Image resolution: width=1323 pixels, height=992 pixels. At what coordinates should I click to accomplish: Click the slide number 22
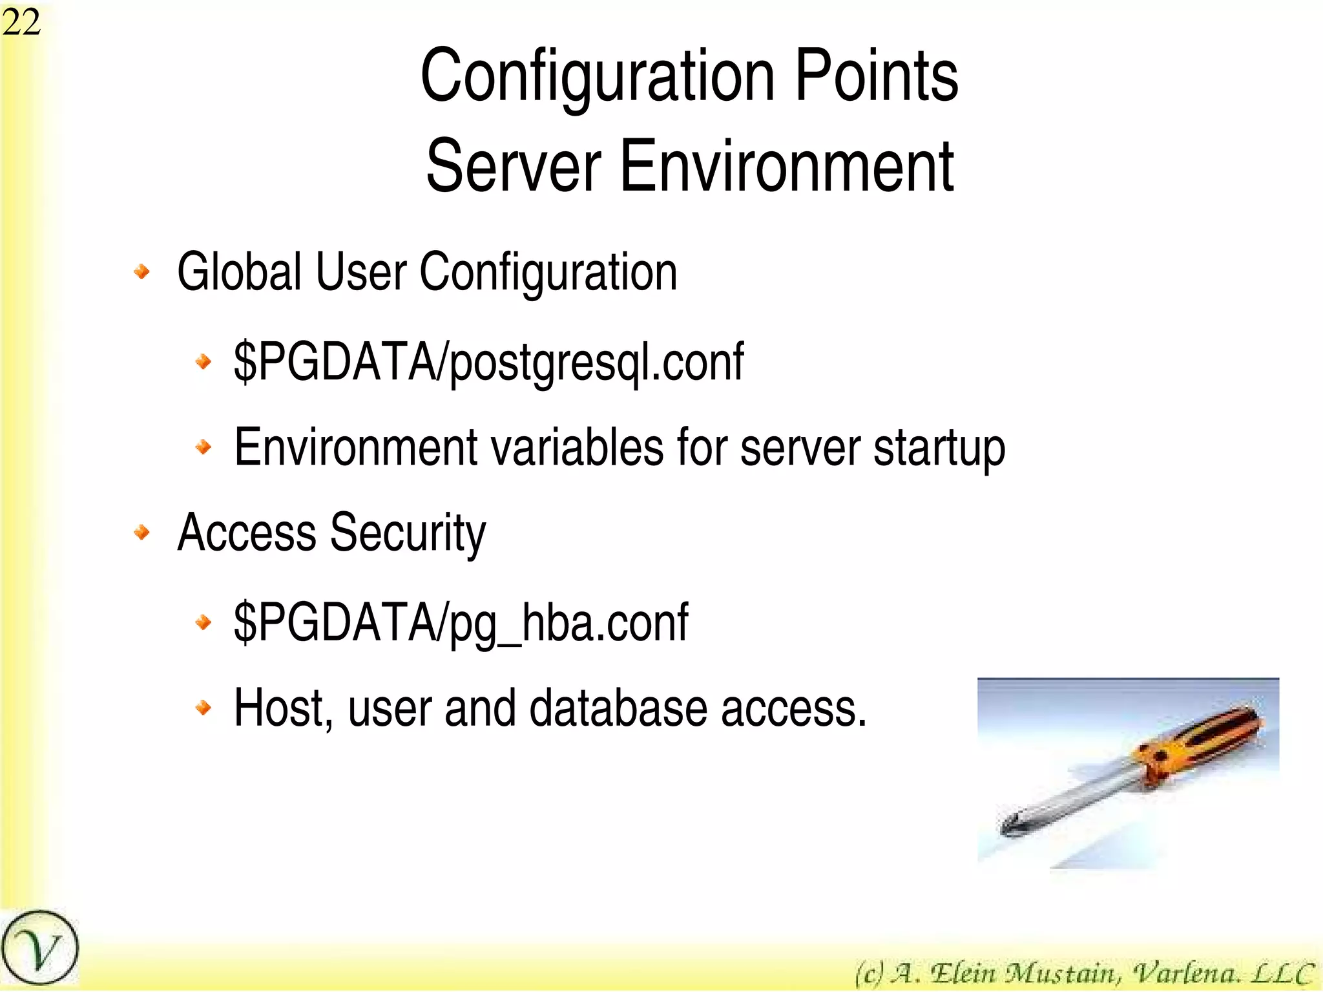(21, 23)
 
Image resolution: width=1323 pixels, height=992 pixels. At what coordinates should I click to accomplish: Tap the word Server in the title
(514, 166)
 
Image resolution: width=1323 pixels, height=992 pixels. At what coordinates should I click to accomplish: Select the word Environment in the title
(786, 166)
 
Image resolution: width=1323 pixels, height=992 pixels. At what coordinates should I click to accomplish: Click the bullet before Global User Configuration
(142, 271)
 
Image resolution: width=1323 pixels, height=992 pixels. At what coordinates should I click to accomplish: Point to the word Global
(239, 271)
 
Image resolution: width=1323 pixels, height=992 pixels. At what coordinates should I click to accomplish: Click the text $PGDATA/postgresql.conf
(488, 363)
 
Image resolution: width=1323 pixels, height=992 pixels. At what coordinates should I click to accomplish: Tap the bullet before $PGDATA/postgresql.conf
(203, 361)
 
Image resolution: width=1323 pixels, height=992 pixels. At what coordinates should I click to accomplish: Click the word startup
(939, 448)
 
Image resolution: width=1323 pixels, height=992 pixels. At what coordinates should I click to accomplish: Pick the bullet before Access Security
(142, 533)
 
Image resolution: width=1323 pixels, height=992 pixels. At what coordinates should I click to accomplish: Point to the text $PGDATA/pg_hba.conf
(461, 622)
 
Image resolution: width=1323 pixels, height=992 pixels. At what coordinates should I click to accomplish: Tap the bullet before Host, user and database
(203, 708)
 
